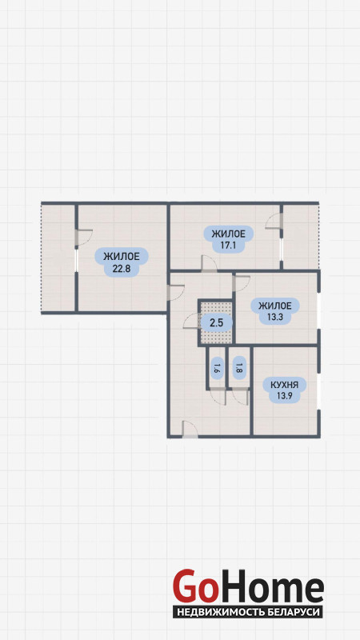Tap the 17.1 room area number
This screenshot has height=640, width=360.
[x=228, y=246]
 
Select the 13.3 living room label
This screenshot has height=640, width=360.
[x=274, y=317]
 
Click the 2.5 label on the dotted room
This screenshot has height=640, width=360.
[x=216, y=323]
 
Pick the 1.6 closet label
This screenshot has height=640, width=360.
[x=216, y=369]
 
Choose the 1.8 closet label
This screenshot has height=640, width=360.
[x=238, y=369]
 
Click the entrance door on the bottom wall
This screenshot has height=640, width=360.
[x=190, y=430]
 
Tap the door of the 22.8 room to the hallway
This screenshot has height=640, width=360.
[x=175, y=292]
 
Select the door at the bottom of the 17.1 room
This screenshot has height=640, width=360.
[x=209, y=263]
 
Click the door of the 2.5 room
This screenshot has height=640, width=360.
[x=190, y=321]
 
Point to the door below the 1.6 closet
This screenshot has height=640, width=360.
[x=218, y=396]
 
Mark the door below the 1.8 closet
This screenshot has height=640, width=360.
[x=240, y=396]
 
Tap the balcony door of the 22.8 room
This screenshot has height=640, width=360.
[x=84, y=238]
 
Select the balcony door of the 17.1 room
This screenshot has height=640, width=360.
[x=274, y=222]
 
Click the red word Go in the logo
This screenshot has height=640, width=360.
[x=194, y=586]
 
